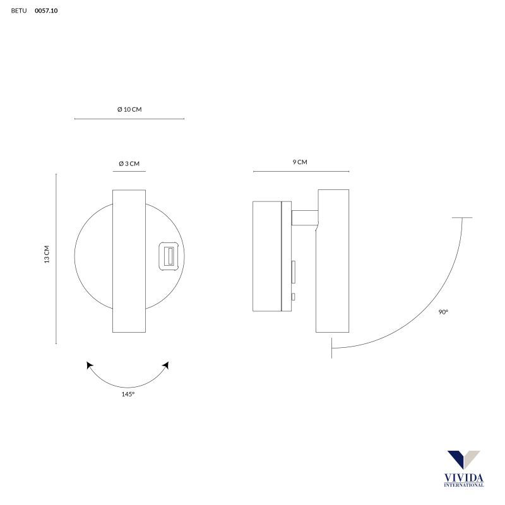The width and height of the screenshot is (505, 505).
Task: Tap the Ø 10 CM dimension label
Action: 129,109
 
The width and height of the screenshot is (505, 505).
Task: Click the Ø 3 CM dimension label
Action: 129,163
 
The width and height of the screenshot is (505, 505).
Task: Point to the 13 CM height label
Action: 47,254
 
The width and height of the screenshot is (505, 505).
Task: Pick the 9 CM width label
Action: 300,162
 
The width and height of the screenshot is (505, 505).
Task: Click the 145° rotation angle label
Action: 128,394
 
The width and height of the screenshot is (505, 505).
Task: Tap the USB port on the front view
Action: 169,256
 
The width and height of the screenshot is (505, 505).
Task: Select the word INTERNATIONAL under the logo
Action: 463,485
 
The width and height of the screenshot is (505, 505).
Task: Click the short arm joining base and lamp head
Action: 304,218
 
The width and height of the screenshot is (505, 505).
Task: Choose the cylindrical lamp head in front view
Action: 129,261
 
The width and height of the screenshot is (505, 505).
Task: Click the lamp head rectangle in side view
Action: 333,261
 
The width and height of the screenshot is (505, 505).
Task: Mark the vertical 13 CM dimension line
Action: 56,259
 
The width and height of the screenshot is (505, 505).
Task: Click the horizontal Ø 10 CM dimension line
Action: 129,119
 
